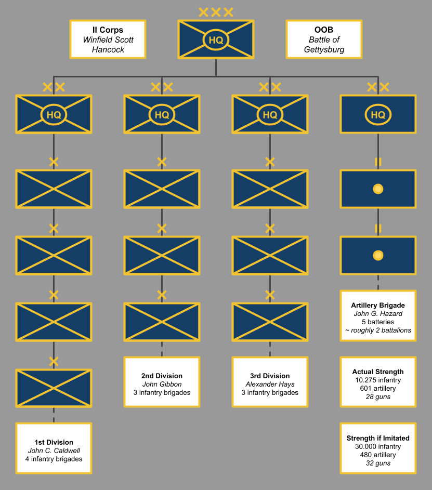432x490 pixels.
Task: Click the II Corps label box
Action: click(108, 39)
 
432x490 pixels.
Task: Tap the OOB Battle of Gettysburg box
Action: click(324, 39)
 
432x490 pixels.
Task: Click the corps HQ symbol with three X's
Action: click(216, 39)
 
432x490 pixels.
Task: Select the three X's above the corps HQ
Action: click(216, 12)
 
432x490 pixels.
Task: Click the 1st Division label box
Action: click(54, 448)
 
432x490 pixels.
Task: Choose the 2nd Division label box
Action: click(162, 381)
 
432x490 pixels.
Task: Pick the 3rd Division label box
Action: click(270, 381)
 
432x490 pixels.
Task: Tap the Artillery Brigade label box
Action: click(378, 315)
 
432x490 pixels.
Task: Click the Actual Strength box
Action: click(378, 381)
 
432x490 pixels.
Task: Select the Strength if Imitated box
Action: click(378, 448)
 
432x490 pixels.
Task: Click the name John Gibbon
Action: click(162, 384)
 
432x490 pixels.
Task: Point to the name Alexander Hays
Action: click(270, 384)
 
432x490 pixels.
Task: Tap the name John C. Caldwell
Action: click(54, 451)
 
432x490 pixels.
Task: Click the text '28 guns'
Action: click(378, 396)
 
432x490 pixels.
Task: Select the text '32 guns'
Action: click(378, 463)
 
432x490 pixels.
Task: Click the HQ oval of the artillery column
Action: click(378, 115)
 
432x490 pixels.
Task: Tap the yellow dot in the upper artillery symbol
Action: click(378, 189)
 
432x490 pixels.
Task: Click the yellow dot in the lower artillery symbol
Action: click(378, 255)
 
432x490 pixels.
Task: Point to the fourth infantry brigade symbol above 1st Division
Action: click(54, 388)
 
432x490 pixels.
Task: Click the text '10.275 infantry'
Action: click(378, 380)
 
